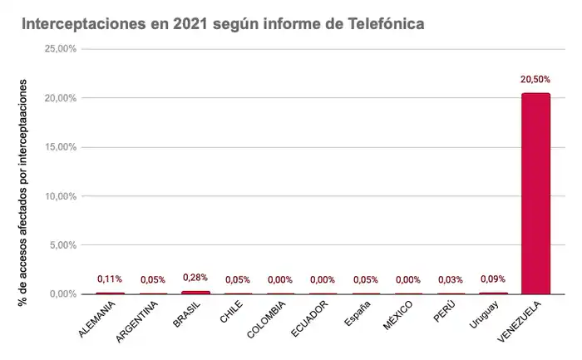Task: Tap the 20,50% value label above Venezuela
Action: pyautogui.click(x=535, y=80)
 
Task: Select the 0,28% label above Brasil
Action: pyautogui.click(x=195, y=277)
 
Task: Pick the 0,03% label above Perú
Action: pyautogui.click(x=450, y=280)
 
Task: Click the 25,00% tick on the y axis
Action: pyautogui.click(x=61, y=49)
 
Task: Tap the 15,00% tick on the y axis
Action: pyautogui.click(x=61, y=147)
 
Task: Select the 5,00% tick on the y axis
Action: pyautogui.click(x=63, y=245)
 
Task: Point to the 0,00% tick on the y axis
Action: pyautogui.click(x=63, y=294)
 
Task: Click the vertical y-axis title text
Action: pyautogui.click(x=23, y=192)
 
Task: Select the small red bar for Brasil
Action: pyautogui.click(x=195, y=292)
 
